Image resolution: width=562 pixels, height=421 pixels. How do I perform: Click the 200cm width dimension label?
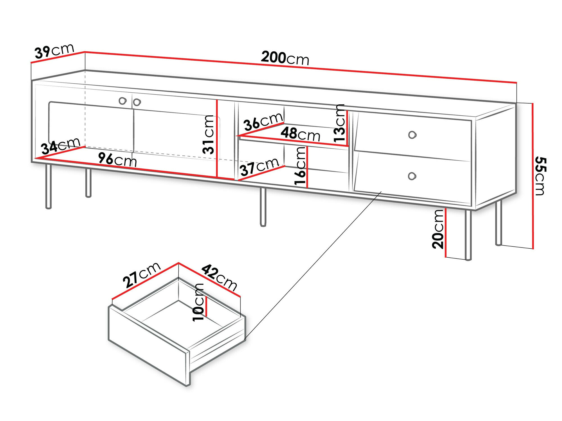click(285, 58)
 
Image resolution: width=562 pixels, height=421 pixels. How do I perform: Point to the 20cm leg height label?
click(438, 229)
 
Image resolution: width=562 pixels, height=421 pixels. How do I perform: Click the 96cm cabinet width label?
click(117, 160)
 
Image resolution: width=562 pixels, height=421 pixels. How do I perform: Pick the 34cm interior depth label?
click(60, 146)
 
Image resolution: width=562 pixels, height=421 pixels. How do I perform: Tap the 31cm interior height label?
click(209, 134)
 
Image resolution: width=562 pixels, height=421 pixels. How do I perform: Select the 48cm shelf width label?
click(300, 134)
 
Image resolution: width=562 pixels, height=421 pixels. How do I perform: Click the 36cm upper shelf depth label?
click(263, 122)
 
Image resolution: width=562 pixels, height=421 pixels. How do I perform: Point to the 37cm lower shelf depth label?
click(259, 167)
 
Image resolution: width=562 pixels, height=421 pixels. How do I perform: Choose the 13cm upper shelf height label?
click(339, 123)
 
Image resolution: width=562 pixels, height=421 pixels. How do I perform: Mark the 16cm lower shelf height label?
click(300, 166)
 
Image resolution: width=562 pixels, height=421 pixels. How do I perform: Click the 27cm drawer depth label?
click(142, 275)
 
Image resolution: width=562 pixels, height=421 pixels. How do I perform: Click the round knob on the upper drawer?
click(412, 135)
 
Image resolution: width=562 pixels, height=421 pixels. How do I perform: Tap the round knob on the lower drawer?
click(412, 176)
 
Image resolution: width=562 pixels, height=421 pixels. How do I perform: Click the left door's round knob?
click(123, 101)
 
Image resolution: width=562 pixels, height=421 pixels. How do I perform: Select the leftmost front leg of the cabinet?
click(48, 187)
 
